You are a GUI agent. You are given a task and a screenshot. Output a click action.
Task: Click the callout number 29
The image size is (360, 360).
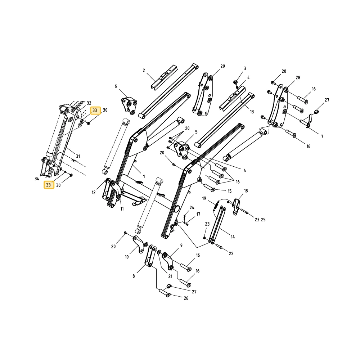(x=222, y=66)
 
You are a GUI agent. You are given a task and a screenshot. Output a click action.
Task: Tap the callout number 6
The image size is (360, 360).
(x=116, y=86)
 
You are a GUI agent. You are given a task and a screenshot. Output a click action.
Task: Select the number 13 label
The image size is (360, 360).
(x=252, y=112)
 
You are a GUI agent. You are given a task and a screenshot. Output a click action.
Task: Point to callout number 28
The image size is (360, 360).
(x=298, y=78)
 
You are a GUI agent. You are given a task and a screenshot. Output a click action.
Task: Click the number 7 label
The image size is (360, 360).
(x=322, y=136)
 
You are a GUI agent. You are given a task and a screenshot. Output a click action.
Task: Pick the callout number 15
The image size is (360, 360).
(x=229, y=191)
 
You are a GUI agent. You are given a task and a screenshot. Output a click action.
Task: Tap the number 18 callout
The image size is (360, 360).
(x=246, y=191)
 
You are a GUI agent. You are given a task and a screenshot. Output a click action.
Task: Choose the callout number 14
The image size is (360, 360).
(x=233, y=237)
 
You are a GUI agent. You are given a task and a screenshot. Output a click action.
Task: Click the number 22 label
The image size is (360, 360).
(x=231, y=253)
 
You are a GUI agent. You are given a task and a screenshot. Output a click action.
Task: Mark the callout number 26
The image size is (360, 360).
(x=186, y=298)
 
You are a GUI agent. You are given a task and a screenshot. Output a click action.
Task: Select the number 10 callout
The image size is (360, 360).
(x=127, y=257)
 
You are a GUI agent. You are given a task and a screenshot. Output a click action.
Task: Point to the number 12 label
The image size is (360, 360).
(x=94, y=192)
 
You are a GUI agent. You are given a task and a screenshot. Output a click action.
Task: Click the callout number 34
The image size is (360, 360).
(x=37, y=179)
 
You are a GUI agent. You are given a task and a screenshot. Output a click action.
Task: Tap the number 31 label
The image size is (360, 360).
(x=78, y=156)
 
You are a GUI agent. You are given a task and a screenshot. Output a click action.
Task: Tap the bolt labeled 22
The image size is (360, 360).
(x=219, y=247)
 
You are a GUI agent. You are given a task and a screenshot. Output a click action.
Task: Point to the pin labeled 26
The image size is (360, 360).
(x=165, y=293)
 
